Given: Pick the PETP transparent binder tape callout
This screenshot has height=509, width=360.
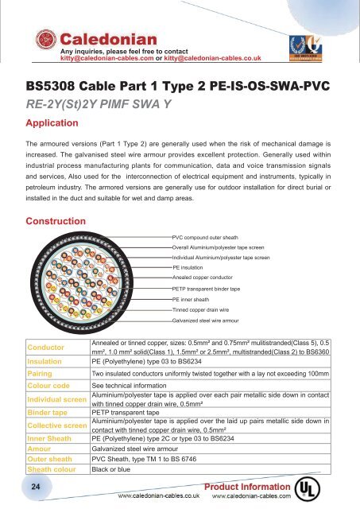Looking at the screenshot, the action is coord(214,288).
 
